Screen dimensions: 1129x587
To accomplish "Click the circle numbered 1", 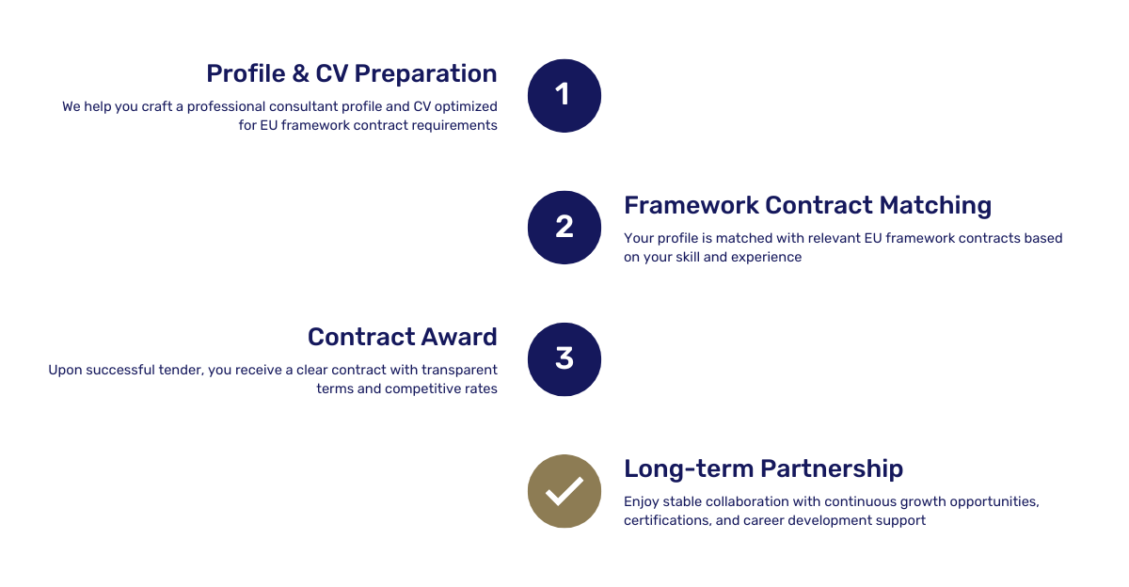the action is pyautogui.click(x=564, y=96).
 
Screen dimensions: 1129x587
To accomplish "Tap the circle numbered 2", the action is pyautogui.click(x=564, y=228).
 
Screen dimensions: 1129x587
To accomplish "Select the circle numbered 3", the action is pyautogui.click(x=564, y=359).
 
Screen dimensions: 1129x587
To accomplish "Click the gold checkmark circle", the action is pyautogui.click(x=564, y=491).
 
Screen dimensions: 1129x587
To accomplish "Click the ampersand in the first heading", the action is pyautogui.click(x=300, y=73).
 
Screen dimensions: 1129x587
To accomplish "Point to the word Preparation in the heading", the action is pyautogui.click(x=425, y=74).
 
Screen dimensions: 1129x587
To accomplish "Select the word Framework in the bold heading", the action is pyautogui.click(x=691, y=205).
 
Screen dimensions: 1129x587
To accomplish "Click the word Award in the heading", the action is pyautogui.click(x=459, y=337).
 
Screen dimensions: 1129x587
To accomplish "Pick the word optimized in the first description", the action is pyautogui.click(x=466, y=107).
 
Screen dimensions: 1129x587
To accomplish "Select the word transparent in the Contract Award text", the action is pyautogui.click(x=459, y=371).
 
